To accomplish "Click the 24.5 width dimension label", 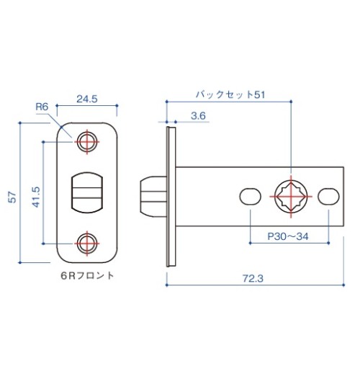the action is tap(87, 99).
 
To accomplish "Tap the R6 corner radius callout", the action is tap(42, 107).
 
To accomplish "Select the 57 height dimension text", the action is tap(12, 197).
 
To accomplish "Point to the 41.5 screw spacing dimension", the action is tap(36, 197).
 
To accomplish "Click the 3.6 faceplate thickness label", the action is tap(198, 116).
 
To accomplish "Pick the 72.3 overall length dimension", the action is tap(253, 279).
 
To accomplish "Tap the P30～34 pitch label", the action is tap(288, 236).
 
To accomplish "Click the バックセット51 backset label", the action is tap(230, 94).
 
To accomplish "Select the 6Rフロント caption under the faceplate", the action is tap(87, 275).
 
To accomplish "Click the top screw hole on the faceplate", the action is tap(87, 142).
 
